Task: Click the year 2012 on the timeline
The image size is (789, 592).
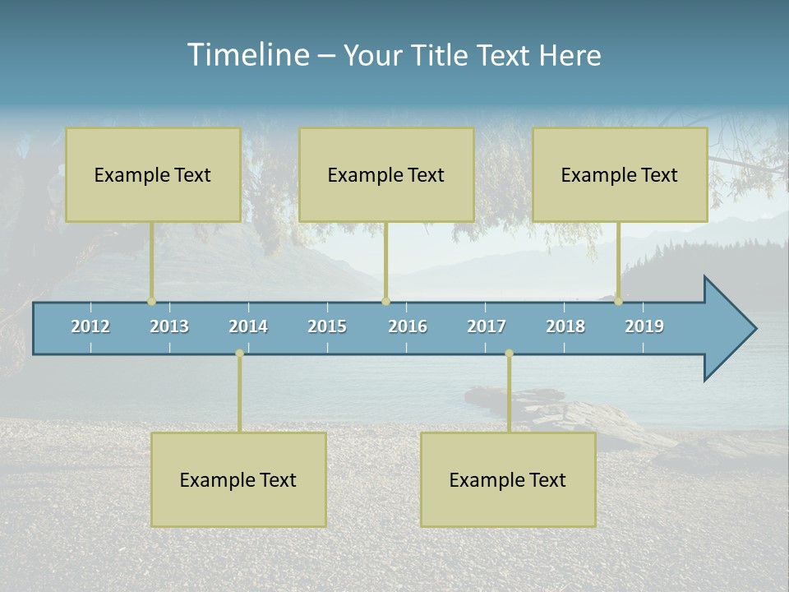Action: tap(90, 326)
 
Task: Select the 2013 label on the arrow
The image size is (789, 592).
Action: tap(169, 326)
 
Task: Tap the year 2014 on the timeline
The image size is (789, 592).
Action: tap(248, 326)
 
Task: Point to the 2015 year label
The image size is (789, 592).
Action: tap(327, 326)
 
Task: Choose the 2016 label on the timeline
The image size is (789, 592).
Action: tap(408, 326)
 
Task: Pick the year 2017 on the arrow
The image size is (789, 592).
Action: tap(487, 326)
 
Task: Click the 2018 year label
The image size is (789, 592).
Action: tap(565, 326)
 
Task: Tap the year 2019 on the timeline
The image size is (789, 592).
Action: tap(644, 326)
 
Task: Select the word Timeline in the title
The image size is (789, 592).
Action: tap(247, 55)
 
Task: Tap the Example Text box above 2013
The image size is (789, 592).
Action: tap(153, 174)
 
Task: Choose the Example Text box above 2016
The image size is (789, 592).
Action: tap(386, 174)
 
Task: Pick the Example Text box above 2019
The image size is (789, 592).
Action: tap(620, 174)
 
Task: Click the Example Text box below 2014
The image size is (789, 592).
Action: tap(238, 479)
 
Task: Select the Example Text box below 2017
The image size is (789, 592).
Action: tap(508, 479)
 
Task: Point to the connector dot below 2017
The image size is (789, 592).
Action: tap(509, 354)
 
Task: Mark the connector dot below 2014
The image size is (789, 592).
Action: tap(239, 354)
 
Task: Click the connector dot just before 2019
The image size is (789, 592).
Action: tap(618, 302)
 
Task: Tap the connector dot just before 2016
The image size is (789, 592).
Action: tap(385, 302)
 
